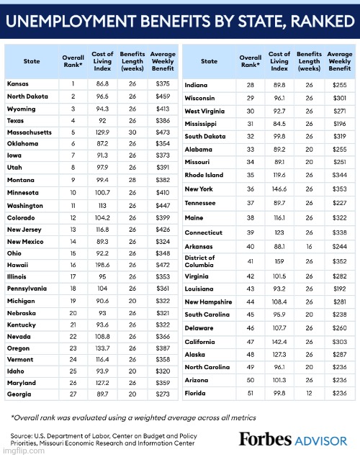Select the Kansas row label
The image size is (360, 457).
click(18, 83)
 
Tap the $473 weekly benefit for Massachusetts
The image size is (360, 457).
click(163, 132)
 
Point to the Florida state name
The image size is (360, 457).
click(196, 393)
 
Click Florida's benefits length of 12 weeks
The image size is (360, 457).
click(309, 393)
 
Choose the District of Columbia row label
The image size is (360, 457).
click(200, 261)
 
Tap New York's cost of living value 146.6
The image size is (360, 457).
click(279, 189)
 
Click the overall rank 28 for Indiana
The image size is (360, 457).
click(250, 84)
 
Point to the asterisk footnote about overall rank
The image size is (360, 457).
click(133, 417)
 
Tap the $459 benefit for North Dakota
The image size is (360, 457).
click(163, 96)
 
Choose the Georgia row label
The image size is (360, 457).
click(19, 394)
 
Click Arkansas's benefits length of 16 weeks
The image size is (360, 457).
click(309, 246)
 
